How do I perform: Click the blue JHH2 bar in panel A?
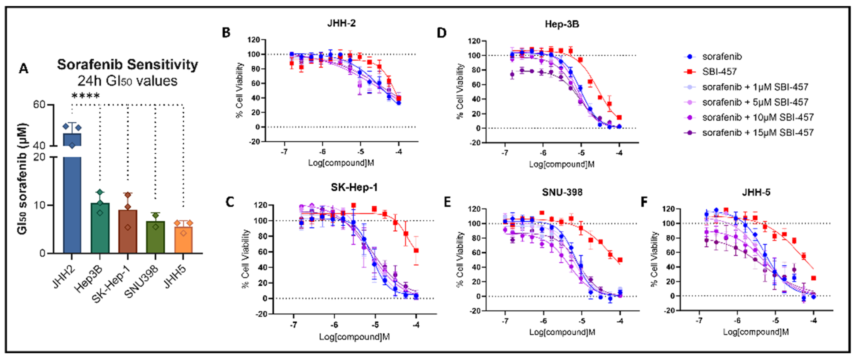click(x=72, y=199)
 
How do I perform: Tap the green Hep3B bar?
click(x=100, y=229)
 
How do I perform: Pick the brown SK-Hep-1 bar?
click(x=128, y=233)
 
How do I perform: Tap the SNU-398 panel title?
click(x=562, y=192)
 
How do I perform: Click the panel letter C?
click(x=230, y=202)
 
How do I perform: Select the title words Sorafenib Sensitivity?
click(x=127, y=64)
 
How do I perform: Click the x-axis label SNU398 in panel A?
click(x=141, y=282)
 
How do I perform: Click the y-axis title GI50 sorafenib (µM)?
click(x=23, y=179)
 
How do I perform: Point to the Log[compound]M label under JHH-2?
click(x=341, y=163)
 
